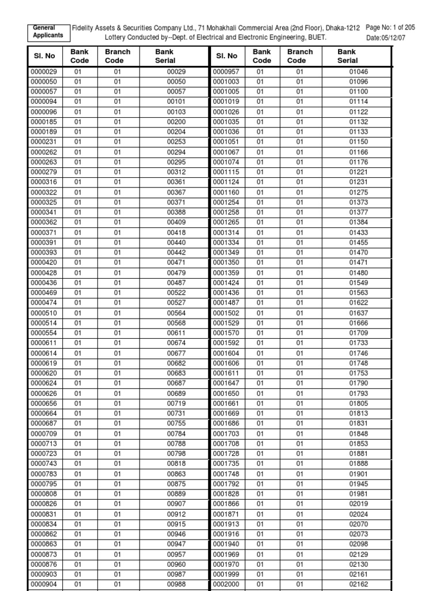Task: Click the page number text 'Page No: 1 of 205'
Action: click(x=391, y=27)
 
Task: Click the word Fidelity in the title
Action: click(x=84, y=27)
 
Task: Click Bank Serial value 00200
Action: click(x=176, y=122)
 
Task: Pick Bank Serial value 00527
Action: click(x=176, y=303)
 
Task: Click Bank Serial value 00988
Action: click(x=176, y=584)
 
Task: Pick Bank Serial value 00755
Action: click(x=176, y=424)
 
